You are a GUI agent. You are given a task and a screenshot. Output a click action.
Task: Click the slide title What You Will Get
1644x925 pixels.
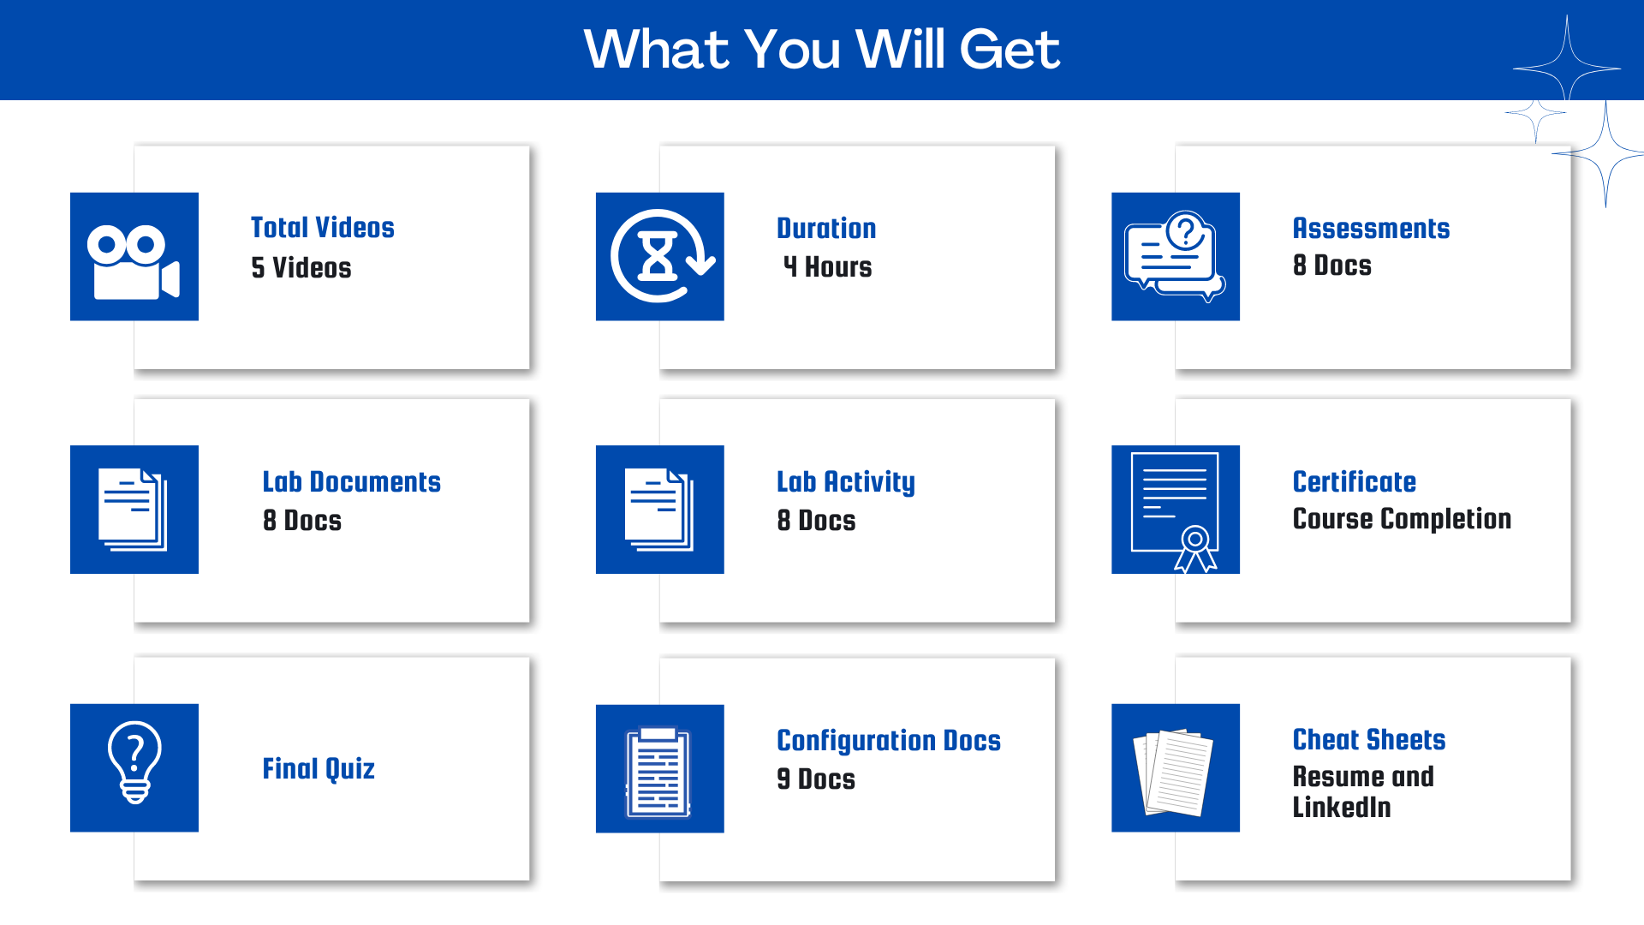click(822, 49)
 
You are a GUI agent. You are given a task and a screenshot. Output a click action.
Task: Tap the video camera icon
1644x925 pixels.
click(134, 262)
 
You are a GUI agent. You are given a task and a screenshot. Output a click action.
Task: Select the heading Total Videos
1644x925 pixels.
click(323, 228)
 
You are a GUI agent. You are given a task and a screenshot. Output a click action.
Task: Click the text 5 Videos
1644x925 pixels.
click(301, 268)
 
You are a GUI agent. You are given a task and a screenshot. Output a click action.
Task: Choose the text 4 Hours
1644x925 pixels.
click(827, 267)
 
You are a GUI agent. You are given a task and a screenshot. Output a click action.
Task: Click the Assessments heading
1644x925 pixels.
click(1371, 229)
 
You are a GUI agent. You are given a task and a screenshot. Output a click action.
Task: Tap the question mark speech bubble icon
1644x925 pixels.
click(1175, 256)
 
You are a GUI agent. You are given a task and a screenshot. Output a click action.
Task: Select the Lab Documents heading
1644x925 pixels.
click(352, 482)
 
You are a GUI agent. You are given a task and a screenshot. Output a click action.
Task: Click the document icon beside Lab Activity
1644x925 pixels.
click(659, 510)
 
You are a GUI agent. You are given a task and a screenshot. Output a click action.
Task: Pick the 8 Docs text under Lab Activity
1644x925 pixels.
click(816, 521)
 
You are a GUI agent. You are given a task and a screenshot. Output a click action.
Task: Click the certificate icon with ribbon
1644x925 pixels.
click(1175, 511)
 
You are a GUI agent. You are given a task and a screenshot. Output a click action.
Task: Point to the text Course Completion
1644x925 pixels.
click(1402, 519)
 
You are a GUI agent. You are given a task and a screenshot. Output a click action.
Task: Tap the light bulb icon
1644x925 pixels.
click(134, 762)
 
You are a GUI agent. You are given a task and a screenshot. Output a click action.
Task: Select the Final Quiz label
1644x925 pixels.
click(319, 769)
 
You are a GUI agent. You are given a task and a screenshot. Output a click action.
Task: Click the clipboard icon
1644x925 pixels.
click(658, 772)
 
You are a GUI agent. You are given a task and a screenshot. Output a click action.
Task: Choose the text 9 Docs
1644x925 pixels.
click(816, 779)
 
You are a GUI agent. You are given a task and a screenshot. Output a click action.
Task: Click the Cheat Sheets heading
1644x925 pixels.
click(1369, 740)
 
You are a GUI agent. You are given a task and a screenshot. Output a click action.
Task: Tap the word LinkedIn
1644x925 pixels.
click(1342, 808)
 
